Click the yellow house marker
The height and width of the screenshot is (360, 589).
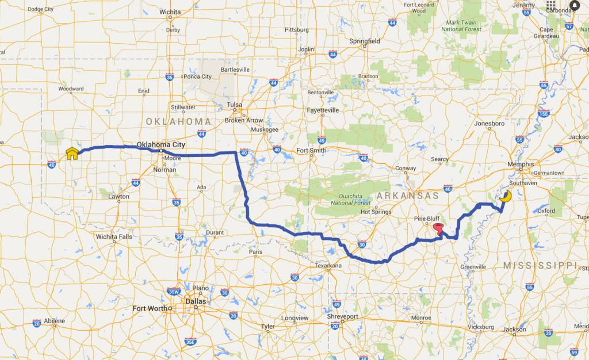[x=72, y=153]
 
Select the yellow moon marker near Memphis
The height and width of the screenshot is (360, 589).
[x=506, y=197]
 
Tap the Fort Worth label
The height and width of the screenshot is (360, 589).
[x=150, y=308]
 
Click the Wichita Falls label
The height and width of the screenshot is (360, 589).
[x=114, y=236]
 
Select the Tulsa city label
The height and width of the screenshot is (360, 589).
[x=234, y=105]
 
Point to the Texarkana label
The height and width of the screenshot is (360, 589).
[x=328, y=265]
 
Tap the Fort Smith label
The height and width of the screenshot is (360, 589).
[x=311, y=151]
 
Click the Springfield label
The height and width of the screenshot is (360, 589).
[x=365, y=41]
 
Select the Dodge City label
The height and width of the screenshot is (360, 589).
[x=40, y=9]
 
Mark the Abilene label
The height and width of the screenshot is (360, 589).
[x=54, y=321]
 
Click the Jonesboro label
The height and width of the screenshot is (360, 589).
[x=489, y=123]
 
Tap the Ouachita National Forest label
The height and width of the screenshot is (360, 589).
[x=350, y=198]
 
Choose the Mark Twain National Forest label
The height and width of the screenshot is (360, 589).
[x=461, y=25]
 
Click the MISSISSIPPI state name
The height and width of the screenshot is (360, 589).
[x=540, y=265]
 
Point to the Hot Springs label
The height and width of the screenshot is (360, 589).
[x=376, y=212]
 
